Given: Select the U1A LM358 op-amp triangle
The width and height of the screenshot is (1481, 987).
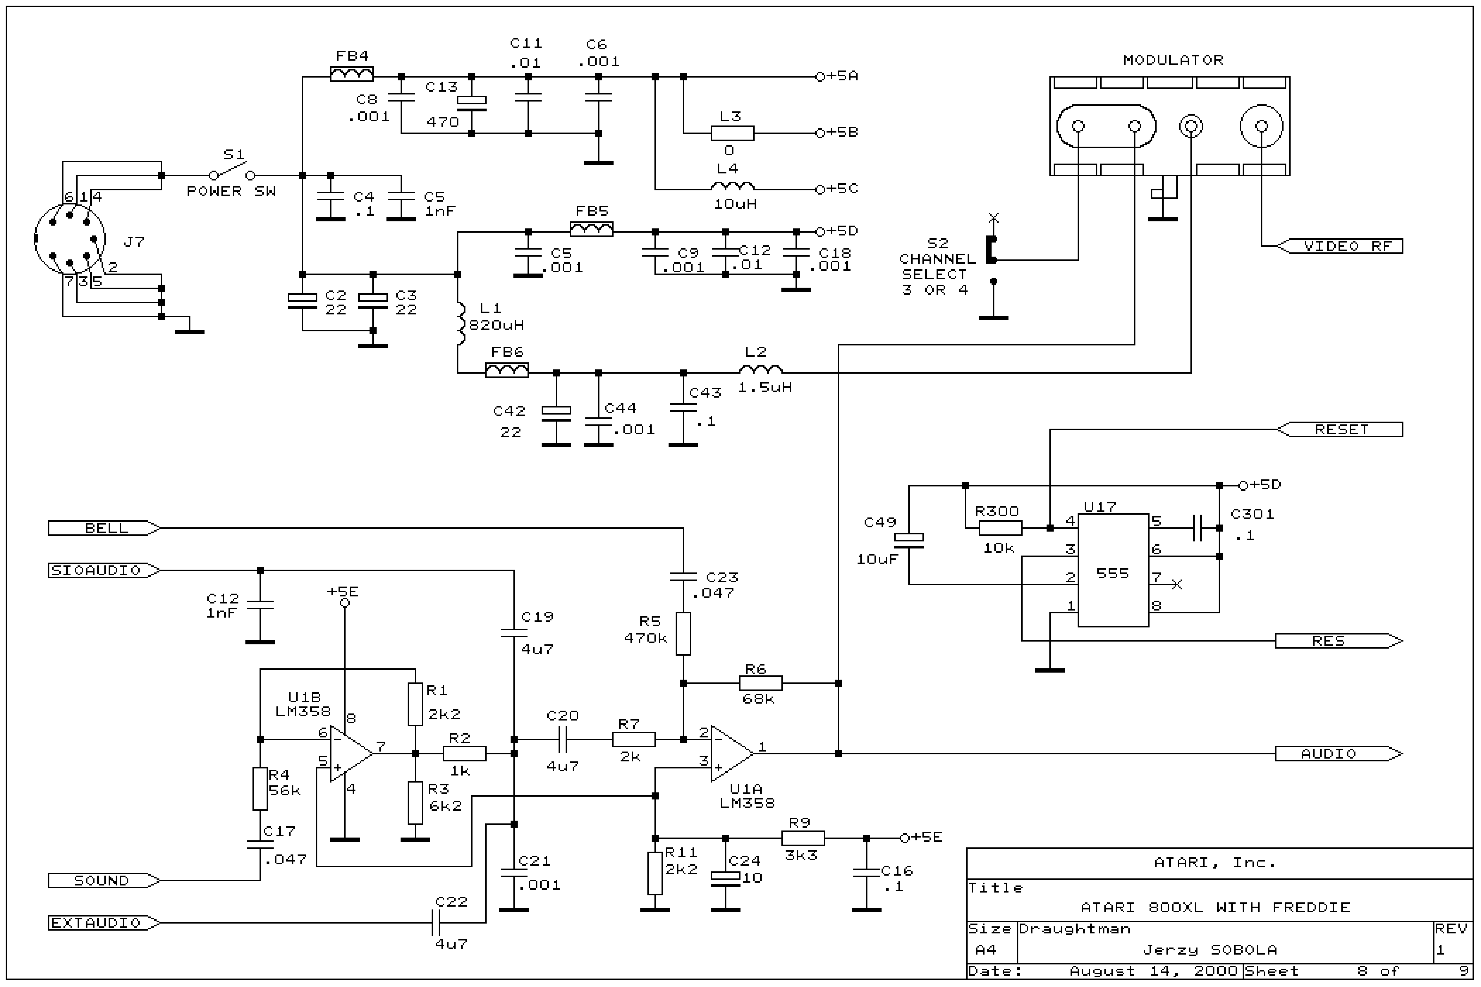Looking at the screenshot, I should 730,754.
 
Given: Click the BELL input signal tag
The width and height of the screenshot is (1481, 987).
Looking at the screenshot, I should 104,528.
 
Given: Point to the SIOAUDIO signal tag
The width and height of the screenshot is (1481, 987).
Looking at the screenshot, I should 104,570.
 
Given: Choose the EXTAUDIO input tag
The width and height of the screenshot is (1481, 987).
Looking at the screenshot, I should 104,923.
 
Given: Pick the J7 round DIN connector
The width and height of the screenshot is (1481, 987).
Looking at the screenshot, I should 69,239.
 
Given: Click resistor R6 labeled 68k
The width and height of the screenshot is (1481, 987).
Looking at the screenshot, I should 760,683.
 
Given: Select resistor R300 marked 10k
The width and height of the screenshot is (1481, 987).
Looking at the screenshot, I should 1000,528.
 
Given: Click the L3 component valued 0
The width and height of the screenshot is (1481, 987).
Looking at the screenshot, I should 732,133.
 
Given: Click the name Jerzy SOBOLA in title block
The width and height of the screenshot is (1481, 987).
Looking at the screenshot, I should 1209,949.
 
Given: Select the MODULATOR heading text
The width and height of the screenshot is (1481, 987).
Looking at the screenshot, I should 1172,60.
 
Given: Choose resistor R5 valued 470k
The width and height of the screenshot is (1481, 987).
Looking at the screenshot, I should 683,634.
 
